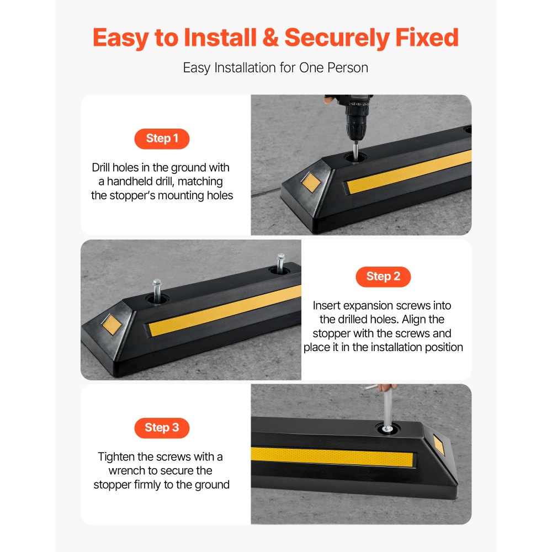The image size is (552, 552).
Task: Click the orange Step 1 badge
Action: coord(162,139)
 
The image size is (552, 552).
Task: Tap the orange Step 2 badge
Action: coord(383,277)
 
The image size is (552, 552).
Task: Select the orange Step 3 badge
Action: coord(162,428)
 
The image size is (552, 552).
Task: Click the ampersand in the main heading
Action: coord(269,38)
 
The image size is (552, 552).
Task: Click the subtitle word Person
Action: coord(349,68)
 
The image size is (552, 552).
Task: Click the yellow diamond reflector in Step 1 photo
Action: coord(311,182)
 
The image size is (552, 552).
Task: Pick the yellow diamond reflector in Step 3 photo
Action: coord(439,445)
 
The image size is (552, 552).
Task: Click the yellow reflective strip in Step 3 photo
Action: coord(331,457)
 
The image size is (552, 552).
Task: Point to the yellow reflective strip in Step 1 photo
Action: coord(408,171)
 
